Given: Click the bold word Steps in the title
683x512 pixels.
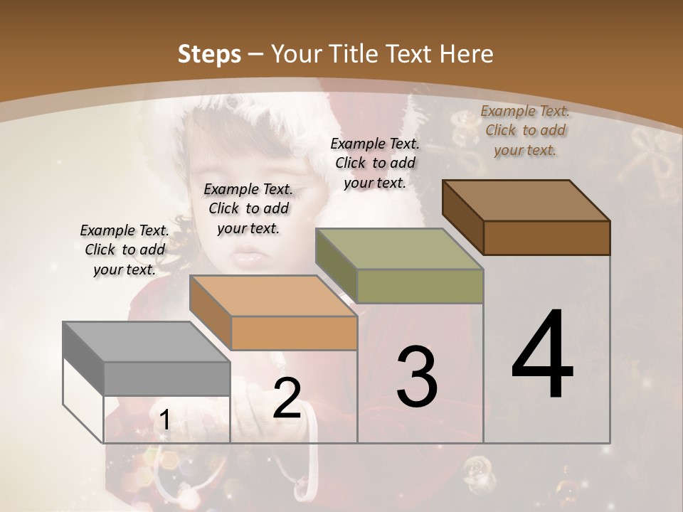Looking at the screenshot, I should (x=209, y=54).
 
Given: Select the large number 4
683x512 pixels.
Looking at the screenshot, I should (x=542, y=355).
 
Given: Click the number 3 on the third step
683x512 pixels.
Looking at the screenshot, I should (x=416, y=377).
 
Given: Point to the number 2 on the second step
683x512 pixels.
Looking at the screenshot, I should (x=287, y=398).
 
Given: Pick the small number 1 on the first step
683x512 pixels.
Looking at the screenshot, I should (x=164, y=420).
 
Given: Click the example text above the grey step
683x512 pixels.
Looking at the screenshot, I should (x=125, y=250).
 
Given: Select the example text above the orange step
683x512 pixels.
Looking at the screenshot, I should (x=248, y=208).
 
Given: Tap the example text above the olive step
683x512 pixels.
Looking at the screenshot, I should (x=375, y=163).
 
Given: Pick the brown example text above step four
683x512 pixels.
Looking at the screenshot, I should (x=525, y=130).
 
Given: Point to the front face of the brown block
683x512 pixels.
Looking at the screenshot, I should (x=546, y=238).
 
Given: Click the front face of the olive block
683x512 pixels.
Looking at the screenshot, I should (x=420, y=286).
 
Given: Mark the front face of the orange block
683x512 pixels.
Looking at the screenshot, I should (x=294, y=333).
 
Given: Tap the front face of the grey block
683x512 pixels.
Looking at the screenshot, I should (x=167, y=379).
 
